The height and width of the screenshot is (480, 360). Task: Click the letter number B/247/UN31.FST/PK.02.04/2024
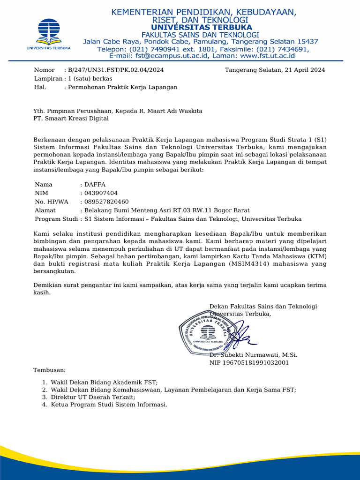point(116,70)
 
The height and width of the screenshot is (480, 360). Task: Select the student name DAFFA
point(95,184)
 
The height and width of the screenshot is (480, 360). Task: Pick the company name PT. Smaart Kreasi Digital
point(71,119)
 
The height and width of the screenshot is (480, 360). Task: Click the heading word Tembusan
point(50,370)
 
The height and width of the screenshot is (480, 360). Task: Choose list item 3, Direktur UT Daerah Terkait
point(93,397)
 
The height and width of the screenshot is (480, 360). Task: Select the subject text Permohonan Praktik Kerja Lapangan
point(123,87)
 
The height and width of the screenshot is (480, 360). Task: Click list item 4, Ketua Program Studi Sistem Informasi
point(109,405)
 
